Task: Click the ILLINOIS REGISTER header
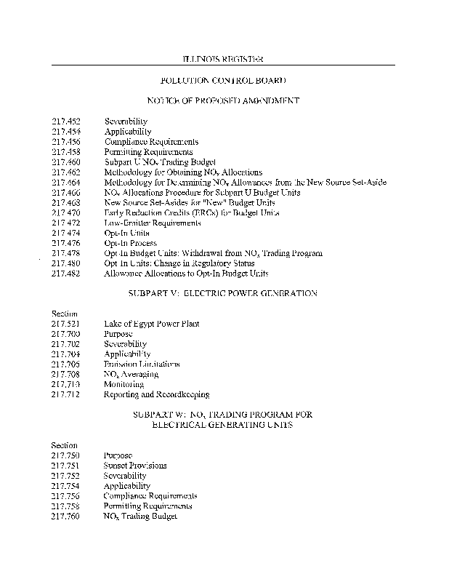222,57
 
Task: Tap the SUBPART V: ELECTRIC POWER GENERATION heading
222,293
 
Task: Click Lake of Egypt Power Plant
151,324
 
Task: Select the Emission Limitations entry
142,364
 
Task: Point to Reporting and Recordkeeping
156,394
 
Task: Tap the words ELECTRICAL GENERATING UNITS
222,424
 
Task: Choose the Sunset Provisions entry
135,465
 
